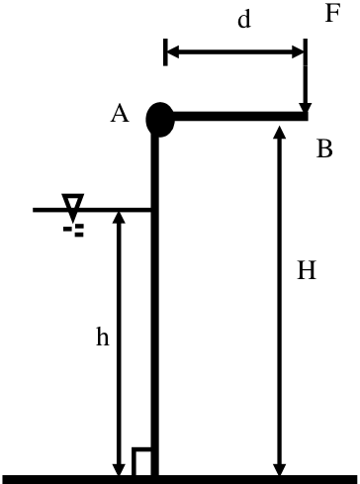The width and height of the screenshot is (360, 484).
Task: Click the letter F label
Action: pyautogui.click(x=332, y=14)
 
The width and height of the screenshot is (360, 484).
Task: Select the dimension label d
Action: pyautogui.click(x=244, y=20)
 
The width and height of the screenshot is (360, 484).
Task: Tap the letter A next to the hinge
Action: pyautogui.click(x=120, y=114)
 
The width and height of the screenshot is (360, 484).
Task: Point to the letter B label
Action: pyautogui.click(x=324, y=148)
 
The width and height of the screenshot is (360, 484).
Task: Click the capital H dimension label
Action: pyautogui.click(x=307, y=270)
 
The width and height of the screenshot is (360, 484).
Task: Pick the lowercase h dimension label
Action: pyautogui.click(x=102, y=337)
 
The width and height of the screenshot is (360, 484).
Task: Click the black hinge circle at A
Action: pyautogui.click(x=160, y=120)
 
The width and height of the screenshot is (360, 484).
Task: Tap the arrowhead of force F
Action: pyautogui.click(x=306, y=108)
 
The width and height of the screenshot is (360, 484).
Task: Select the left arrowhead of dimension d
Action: pyautogui.click(x=173, y=52)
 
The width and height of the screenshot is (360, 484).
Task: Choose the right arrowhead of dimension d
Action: pyautogui.click(x=298, y=52)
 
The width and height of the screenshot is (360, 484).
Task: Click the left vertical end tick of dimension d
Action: pyautogui.click(x=165, y=52)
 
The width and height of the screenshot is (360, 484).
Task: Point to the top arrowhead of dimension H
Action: pyautogui.click(x=280, y=132)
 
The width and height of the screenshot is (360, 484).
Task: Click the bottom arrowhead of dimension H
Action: pyautogui.click(x=280, y=469)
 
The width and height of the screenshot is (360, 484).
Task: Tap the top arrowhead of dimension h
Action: pyautogui.click(x=119, y=217)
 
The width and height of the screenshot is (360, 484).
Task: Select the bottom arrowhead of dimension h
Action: pyautogui.click(x=119, y=469)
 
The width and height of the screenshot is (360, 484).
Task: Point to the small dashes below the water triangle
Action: pyautogui.click(x=74, y=231)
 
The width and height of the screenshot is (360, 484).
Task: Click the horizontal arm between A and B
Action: pyautogui.click(x=240, y=116)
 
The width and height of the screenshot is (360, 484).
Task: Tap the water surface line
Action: pyautogui.click(x=92, y=210)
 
